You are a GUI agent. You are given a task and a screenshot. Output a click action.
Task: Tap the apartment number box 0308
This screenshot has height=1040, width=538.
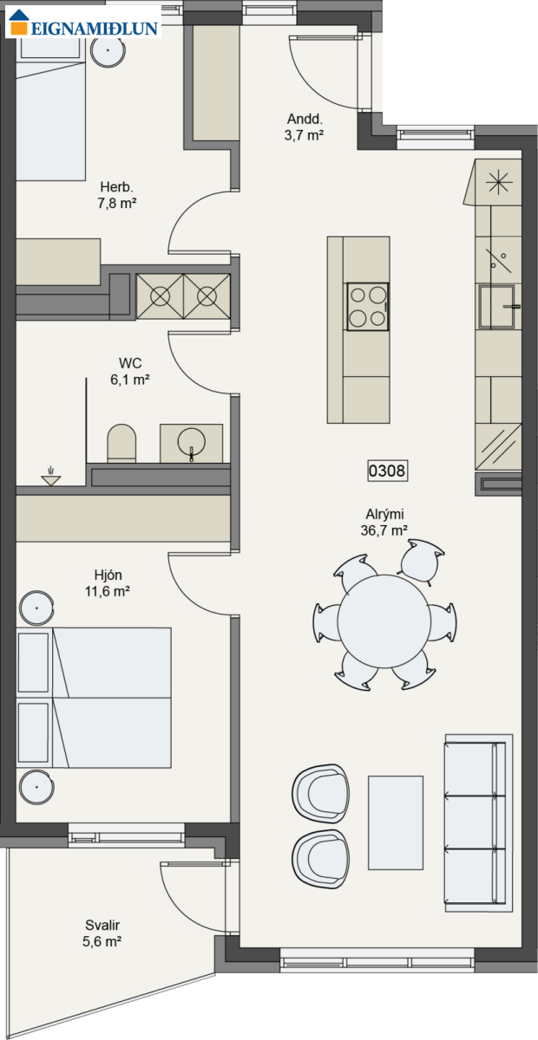point(387,471)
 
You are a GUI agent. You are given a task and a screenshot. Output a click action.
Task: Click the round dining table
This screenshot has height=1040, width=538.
point(384,621)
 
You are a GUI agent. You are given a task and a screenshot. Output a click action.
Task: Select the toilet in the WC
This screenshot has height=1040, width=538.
point(121,444)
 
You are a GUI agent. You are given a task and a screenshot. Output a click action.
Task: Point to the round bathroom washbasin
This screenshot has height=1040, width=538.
point(191,443)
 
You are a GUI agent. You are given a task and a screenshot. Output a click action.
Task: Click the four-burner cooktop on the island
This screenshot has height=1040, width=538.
point(367,307)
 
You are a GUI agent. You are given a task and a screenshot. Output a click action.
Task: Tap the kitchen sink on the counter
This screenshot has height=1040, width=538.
point(497,307)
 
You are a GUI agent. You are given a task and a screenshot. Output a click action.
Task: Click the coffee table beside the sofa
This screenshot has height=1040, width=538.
point(396,822)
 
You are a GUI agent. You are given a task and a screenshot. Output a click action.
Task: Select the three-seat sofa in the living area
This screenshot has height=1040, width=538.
point(479,822)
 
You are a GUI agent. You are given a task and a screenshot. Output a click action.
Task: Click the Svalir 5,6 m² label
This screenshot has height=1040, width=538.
point(102,933)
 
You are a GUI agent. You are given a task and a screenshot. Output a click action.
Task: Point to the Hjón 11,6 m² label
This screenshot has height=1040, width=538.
point(108,583)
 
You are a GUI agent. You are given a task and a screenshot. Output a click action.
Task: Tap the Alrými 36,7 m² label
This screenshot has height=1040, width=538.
point(384,522)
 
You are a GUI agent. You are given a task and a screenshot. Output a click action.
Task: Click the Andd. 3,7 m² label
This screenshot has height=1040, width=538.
point(304,127)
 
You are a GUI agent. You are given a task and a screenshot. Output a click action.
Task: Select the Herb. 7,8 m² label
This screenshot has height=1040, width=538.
point(117,195)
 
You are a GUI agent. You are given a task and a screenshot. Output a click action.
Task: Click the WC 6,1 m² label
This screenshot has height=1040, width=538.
point(130,372)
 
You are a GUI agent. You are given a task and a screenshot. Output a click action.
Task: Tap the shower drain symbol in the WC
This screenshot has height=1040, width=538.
point(50,478)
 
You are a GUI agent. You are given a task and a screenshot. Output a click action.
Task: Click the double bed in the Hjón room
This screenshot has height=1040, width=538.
point(94,698)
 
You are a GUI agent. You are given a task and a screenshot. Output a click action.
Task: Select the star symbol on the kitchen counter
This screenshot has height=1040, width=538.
point(499,182)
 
